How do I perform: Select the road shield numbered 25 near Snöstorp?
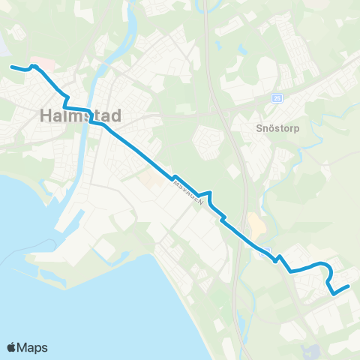tap(277, 98)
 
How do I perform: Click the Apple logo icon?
tap(11, 347)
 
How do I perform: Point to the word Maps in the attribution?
tap(32, 347)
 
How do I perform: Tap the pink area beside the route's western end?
tap(37, 61)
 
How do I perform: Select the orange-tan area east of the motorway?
tap(256, 223)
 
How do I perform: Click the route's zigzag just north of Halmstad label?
tap(66, 99)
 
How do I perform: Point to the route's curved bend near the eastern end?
tap(328, 269)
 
